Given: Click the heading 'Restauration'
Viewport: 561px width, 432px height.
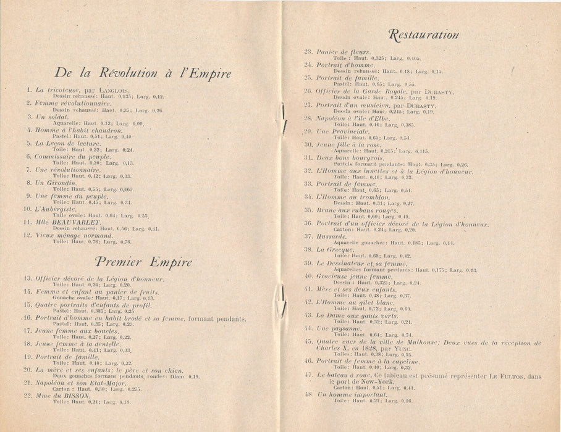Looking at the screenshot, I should point(423,34).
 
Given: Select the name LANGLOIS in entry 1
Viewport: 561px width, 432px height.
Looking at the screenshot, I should point(113,90).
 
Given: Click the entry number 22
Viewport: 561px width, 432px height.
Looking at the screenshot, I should point(28,396).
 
